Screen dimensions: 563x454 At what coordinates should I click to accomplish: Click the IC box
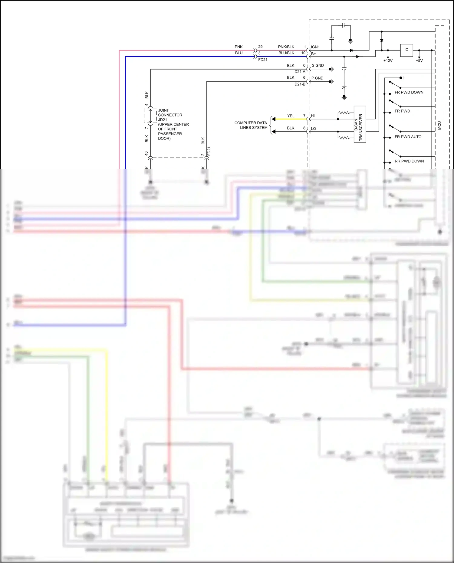(406, 50)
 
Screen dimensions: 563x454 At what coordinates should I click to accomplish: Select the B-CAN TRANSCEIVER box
(360, 124)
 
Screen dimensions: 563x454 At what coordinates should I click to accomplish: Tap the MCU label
(439, 126)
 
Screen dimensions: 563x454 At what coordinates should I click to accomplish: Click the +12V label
(388, 61)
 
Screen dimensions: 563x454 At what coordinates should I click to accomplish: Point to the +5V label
(419, 61)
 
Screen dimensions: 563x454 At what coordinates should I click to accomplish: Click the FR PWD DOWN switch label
(409, 92)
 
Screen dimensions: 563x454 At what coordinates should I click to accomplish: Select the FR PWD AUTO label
(408, 137)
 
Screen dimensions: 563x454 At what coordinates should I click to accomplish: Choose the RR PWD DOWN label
(409, 161)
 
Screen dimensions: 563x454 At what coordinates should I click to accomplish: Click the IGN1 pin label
(315, 47)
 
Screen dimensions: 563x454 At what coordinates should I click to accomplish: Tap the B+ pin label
(314, 54)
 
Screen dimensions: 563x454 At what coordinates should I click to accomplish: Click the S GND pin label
(318, 65)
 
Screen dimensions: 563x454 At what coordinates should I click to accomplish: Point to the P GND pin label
(317, 78)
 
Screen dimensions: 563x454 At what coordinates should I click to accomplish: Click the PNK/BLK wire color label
(286, 47)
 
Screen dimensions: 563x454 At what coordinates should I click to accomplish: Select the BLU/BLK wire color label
(286, 53)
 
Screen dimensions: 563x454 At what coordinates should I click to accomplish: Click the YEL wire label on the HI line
(291, 116)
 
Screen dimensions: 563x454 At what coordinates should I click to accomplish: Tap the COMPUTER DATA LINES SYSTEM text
(251, 125)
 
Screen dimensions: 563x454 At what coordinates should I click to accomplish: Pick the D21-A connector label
(300, 72)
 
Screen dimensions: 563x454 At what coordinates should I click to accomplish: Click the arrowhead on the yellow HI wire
(274, 119)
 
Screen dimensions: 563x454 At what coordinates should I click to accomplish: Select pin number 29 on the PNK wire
(260, 47)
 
